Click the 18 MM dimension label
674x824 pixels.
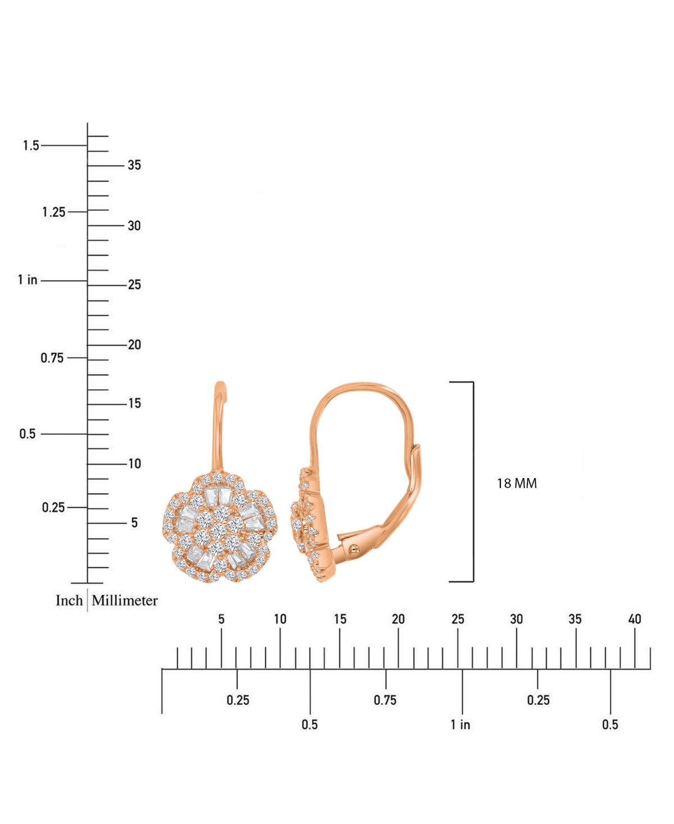coord(517,483)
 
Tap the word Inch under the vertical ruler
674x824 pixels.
coord(69,600)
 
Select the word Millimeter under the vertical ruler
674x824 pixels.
coord(125,600)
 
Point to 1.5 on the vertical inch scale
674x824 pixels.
coord(31,145)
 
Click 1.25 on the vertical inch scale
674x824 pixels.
coord(54,212)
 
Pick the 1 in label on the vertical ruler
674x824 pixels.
coord(28,280)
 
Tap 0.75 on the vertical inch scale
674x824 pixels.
coord(52,358)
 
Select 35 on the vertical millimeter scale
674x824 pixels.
coord(134,165)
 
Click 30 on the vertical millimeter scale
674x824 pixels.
coord(134,226)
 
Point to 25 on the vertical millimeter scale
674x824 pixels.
coord(134,285)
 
